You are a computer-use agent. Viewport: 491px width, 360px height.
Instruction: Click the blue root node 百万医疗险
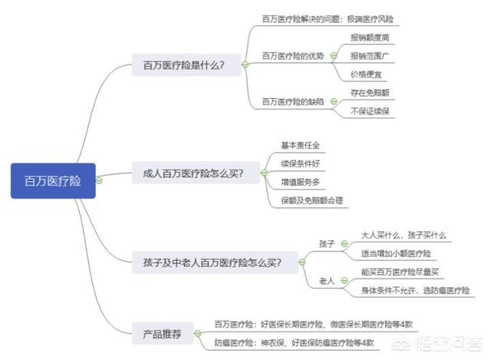pyautogui.click(x=53, y=181)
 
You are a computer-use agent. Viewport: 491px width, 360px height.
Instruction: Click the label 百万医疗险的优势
pyautogui.click(x=292, y=55)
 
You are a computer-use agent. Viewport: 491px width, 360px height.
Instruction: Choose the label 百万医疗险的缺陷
pyautogui.click(x=292, y=102)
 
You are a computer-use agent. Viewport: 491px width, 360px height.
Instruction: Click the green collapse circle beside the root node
pyautogui.click(x=99, y=181)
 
